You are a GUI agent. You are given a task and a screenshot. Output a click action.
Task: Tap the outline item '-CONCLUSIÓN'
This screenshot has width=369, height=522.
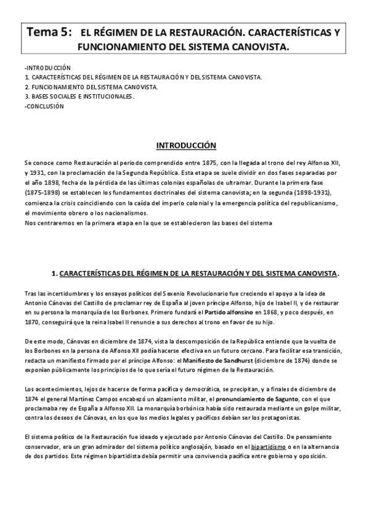(43, 106)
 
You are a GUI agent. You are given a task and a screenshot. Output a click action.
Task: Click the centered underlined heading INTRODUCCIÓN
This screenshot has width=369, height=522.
(186, 146)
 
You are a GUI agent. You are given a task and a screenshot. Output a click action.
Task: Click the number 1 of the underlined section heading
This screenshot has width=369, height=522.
(55, 273)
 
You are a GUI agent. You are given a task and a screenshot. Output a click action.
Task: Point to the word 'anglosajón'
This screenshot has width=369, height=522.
(189, 447)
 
